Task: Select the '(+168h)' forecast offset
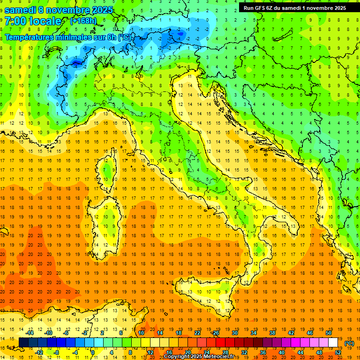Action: [x=83, y=21]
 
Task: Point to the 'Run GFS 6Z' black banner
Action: [x=295, y=7]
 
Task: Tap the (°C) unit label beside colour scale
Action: [x=349, y=343]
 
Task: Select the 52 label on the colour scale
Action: [x=338, y=352]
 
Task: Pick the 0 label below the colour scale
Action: [x=93, y=352]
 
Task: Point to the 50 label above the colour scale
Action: [x=329, y=333]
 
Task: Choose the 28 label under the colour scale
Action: [x=225, y=352]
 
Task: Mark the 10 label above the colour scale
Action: [x=141, y=333]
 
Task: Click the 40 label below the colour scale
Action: [x=282, y=352]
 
